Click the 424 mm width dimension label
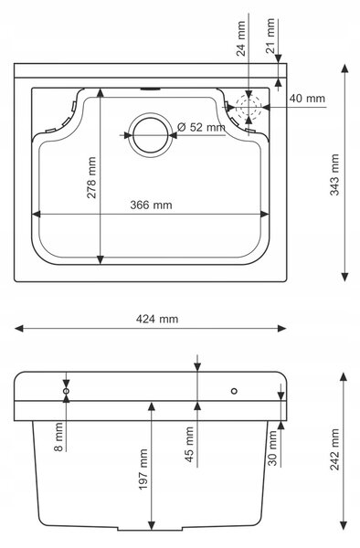tap(157, 319)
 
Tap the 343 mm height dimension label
tap(334, 174)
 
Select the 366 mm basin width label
tap(151, 205)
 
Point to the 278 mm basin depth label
tap(91, 177)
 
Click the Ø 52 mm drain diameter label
tap(201, 127)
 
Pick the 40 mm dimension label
tap(307, 99)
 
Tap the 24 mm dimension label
tap(241, 38)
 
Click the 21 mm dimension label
tap(270, 36)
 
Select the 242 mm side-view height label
tap(334, 449)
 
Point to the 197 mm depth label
tap(143, 469)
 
